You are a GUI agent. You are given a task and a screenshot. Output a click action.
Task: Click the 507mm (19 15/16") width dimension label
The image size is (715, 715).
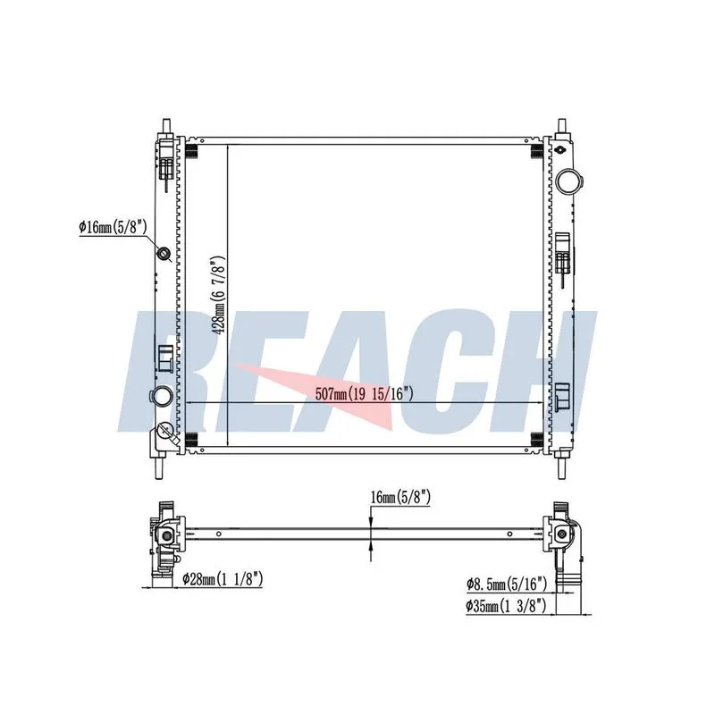365,393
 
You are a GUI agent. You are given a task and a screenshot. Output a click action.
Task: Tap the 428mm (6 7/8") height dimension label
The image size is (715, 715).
218,295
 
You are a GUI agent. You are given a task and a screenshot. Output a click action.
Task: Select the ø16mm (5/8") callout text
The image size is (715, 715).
113,227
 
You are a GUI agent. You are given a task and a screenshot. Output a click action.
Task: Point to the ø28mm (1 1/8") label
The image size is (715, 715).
223,579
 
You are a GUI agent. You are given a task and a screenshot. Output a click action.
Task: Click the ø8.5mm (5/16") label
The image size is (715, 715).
506,584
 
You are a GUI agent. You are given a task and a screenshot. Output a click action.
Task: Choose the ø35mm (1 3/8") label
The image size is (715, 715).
506,606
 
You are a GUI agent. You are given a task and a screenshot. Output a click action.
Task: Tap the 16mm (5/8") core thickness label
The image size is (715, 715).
400,497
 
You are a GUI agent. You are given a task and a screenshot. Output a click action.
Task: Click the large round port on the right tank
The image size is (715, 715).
568,181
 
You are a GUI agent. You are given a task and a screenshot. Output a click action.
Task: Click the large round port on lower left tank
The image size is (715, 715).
162,395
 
